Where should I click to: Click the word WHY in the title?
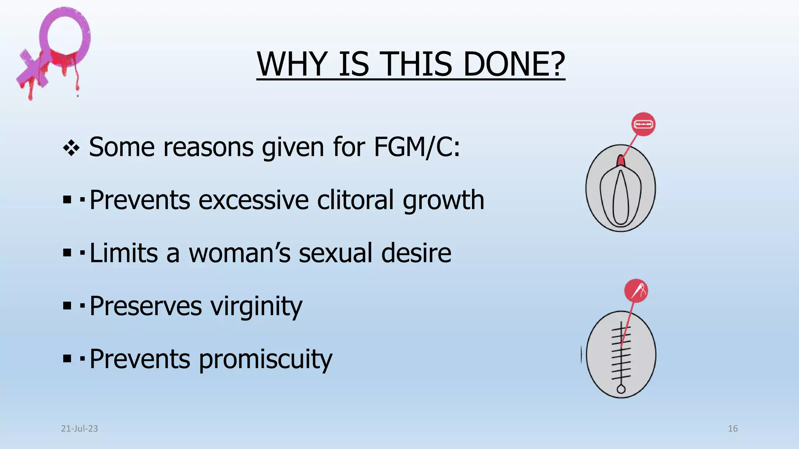(x=292, y=64)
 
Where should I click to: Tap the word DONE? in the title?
(x=514, y=64)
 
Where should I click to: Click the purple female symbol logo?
(x=55, y=51)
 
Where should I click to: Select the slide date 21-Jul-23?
(x=79, y=429)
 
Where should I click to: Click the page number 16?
(x=733, y=429)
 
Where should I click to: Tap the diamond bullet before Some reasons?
(x=71, y=148)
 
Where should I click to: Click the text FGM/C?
(x=417, y=147)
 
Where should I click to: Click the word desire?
(x=416, y=253)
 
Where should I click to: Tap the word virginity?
(x=256, y=307)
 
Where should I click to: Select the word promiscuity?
(x=265, y=359)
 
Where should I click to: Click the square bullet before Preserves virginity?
(x=67, y=306)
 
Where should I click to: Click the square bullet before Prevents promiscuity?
(x=67, y=359)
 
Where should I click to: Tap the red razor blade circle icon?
(x=643, y=124)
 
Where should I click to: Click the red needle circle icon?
(x=636, y=291)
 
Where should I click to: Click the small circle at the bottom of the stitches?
(x=621, y=389)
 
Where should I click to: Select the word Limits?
(x=124, y=253)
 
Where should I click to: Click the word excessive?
(x=254, y=200)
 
